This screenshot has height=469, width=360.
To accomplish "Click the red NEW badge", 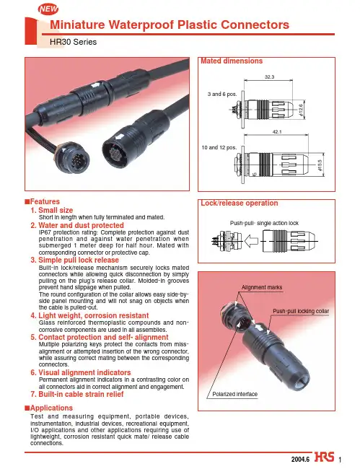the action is (48, 9).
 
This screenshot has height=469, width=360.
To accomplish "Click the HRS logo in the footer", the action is (324, 457).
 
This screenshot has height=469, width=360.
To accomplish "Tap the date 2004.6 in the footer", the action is (301, 459).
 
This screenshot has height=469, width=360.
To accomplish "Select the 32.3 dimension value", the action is (269, 77).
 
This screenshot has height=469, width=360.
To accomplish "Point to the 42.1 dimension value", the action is (277, 131).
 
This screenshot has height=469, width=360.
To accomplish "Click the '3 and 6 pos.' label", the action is (222, 94).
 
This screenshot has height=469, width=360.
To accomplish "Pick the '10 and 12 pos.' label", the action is (219, 147).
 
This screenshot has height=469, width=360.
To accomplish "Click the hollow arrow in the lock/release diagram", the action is (251, 241).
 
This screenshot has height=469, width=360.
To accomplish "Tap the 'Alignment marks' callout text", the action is (262, 287).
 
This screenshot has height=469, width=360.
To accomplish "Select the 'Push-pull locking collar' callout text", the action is (301, 311).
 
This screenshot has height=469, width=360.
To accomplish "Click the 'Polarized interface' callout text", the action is (234, 394).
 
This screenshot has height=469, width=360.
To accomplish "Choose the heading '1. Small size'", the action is (52, 210).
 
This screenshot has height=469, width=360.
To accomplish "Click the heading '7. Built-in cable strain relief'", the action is (77, 394).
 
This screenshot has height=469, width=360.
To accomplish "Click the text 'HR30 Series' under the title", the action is (74, 42).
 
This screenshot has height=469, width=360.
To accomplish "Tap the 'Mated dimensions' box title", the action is (232, 61).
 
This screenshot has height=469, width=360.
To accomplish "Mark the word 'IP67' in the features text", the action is (45, 232).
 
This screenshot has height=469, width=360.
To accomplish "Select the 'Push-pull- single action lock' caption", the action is (264, 223).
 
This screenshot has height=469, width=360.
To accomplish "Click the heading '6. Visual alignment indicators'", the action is (81, 372).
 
